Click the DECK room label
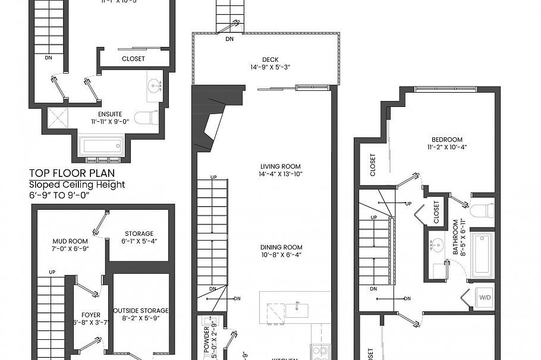[270, 59]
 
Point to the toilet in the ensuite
[146, 118]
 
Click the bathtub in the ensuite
[101, 146]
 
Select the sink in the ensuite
[156, 86]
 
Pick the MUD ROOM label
[70, 241]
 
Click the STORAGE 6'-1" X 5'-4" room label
[139, 233]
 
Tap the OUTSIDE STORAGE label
[141, 310]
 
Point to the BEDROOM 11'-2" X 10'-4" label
[444, 140]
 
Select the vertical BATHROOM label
[457, 238]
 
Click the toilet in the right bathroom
[482, 210]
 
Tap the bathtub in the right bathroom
[482, 255]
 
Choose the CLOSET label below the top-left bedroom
[133, 59]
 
